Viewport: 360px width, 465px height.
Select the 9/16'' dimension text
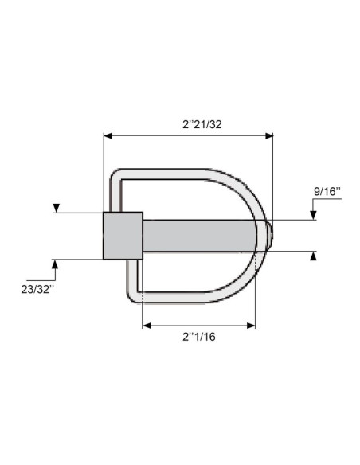click(x=327, y=191)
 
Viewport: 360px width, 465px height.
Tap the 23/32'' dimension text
click(x=38, y=287)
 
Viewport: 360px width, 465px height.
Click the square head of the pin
click(x=123, y=235)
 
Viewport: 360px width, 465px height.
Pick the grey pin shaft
click(x=199, y=235)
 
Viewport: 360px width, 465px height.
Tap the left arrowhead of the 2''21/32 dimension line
click(x=108, y=137)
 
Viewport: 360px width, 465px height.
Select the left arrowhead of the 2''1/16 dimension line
click(x=147, y=325)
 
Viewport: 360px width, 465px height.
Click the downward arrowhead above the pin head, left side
click(x=56, y=209)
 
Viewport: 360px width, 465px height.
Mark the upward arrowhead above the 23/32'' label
click(x=56, y=263)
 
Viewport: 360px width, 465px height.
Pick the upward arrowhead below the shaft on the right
click(x=315, y=256)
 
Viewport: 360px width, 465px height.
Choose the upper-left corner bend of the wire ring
click(x=116, y=174)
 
